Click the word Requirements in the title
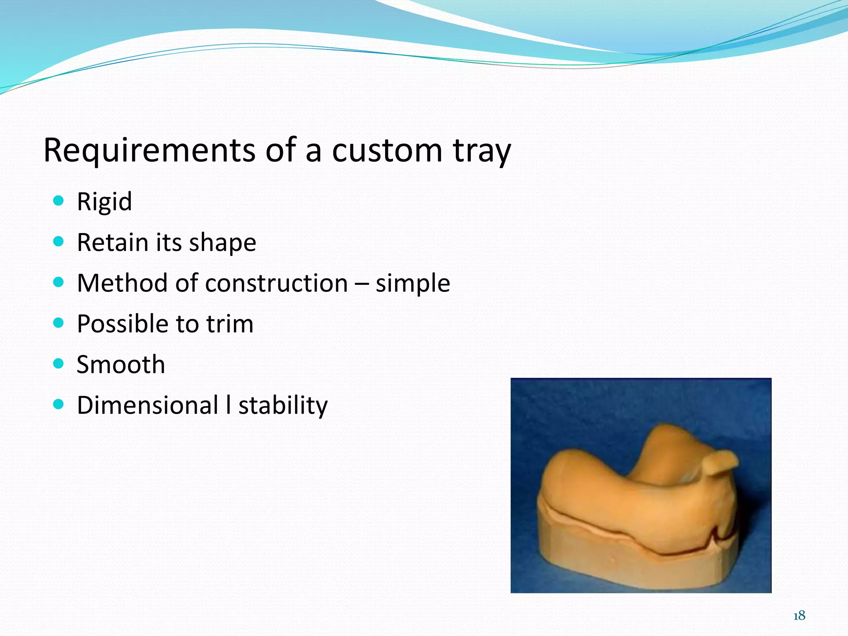coord(149,150)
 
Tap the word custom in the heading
coord(387,150)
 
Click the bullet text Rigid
coord(104,202)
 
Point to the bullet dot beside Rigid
coord(59,201)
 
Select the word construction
coord(276,283)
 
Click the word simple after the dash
coord(412,284)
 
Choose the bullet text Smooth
coord(121,364)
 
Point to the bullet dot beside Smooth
coord(59,364)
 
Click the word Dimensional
coord(148,405)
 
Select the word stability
coord(283,406)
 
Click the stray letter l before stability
coord(228,405)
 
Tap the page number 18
coord(799,616)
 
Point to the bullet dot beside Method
coord(59,282)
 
